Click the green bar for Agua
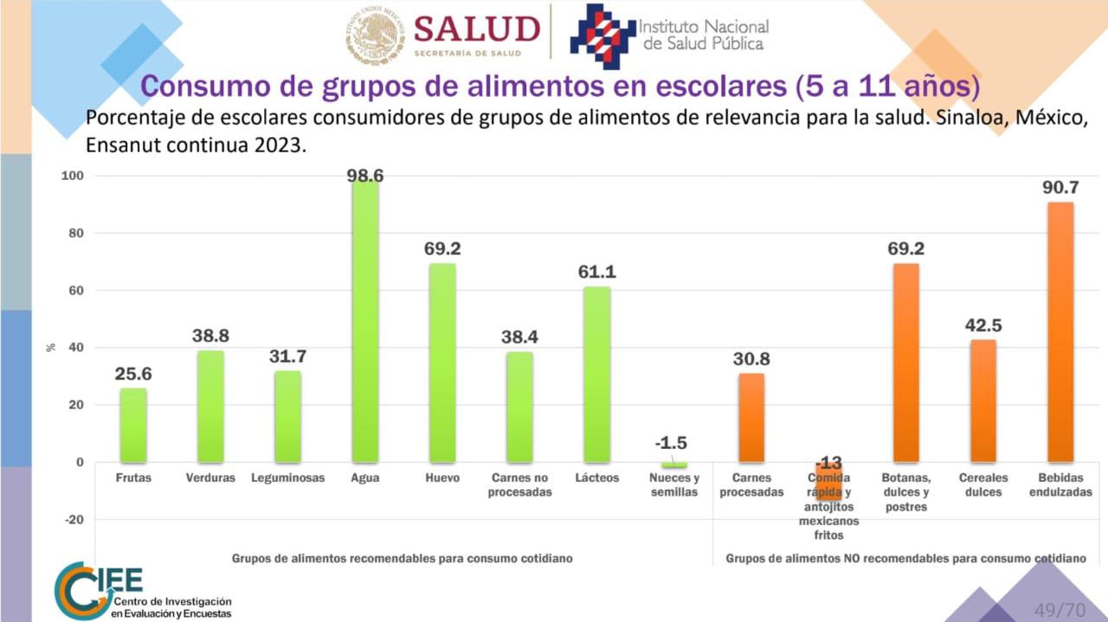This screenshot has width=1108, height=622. tap(365, 320)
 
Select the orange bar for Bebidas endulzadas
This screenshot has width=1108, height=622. tap(1060, 332)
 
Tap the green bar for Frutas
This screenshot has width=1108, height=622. tap(133, 425)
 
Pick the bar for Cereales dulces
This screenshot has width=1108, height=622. tap(982, 401)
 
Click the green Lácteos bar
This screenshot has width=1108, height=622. tap(597, 374)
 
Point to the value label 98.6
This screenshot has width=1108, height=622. tap(365, 176)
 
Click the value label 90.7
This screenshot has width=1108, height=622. tap(1060, 187)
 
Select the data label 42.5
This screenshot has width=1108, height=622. tap(982, 325)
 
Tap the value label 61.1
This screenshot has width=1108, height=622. tap(597, 272)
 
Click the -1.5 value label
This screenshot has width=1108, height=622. tap(671, 443)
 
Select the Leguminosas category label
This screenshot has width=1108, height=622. tap(288, 478)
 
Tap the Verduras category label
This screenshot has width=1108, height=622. tap(210, 478)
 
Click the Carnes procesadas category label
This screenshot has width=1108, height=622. tap(751, 484)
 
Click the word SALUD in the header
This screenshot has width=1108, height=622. tap(476, 30)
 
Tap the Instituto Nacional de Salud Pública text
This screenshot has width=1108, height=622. tap(703, 35)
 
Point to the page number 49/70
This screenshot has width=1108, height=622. tap(1060, 608)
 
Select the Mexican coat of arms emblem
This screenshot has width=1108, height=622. tap(375, 35)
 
